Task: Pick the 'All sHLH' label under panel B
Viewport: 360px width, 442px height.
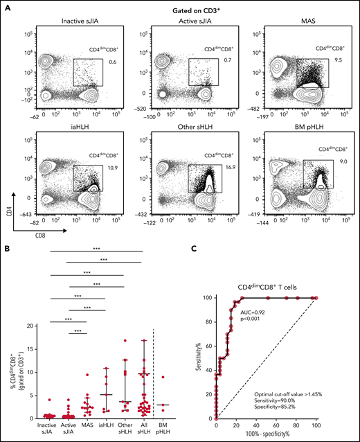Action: coord(145,429)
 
